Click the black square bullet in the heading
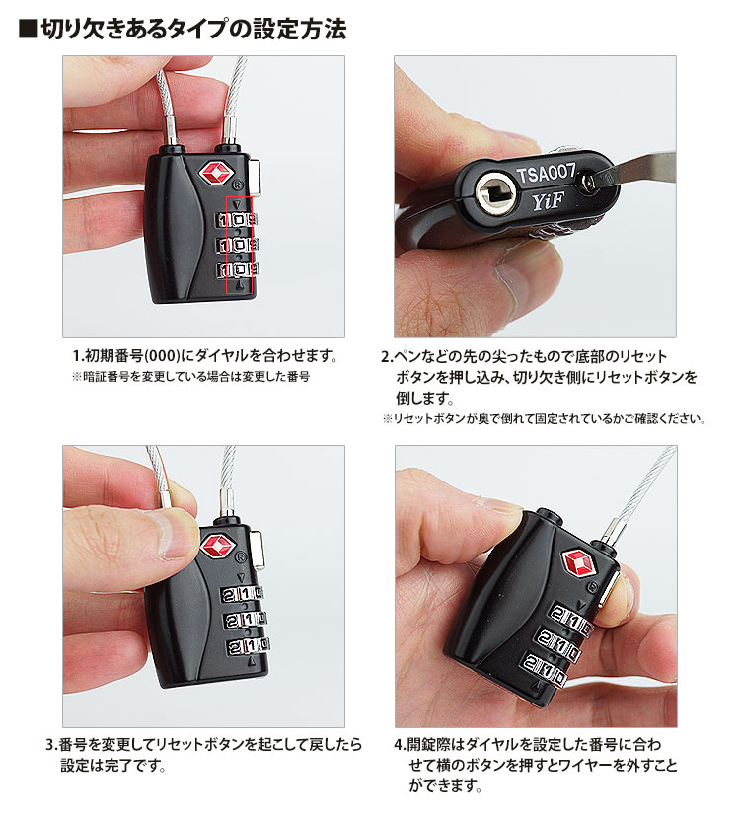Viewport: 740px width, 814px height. (x=28, y=29)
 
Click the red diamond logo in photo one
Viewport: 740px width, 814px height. (x=216, y=173)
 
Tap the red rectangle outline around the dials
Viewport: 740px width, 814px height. (x=240, y=245)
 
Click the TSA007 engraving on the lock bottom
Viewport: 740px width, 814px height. (x=546, y=173)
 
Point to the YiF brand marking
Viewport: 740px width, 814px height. (x=549, y=201)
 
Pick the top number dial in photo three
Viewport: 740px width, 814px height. (x=243, y=593)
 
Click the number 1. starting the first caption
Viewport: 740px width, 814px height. (x=78, y=356)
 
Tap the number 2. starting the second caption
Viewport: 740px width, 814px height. (x=387, y=356)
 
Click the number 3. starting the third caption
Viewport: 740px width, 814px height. (x=51, y=744)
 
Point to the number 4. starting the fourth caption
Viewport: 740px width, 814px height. (x=400, y=744)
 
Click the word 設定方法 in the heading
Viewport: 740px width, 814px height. (x=299, y=29)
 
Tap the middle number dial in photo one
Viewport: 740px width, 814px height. (x=238, y=244)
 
